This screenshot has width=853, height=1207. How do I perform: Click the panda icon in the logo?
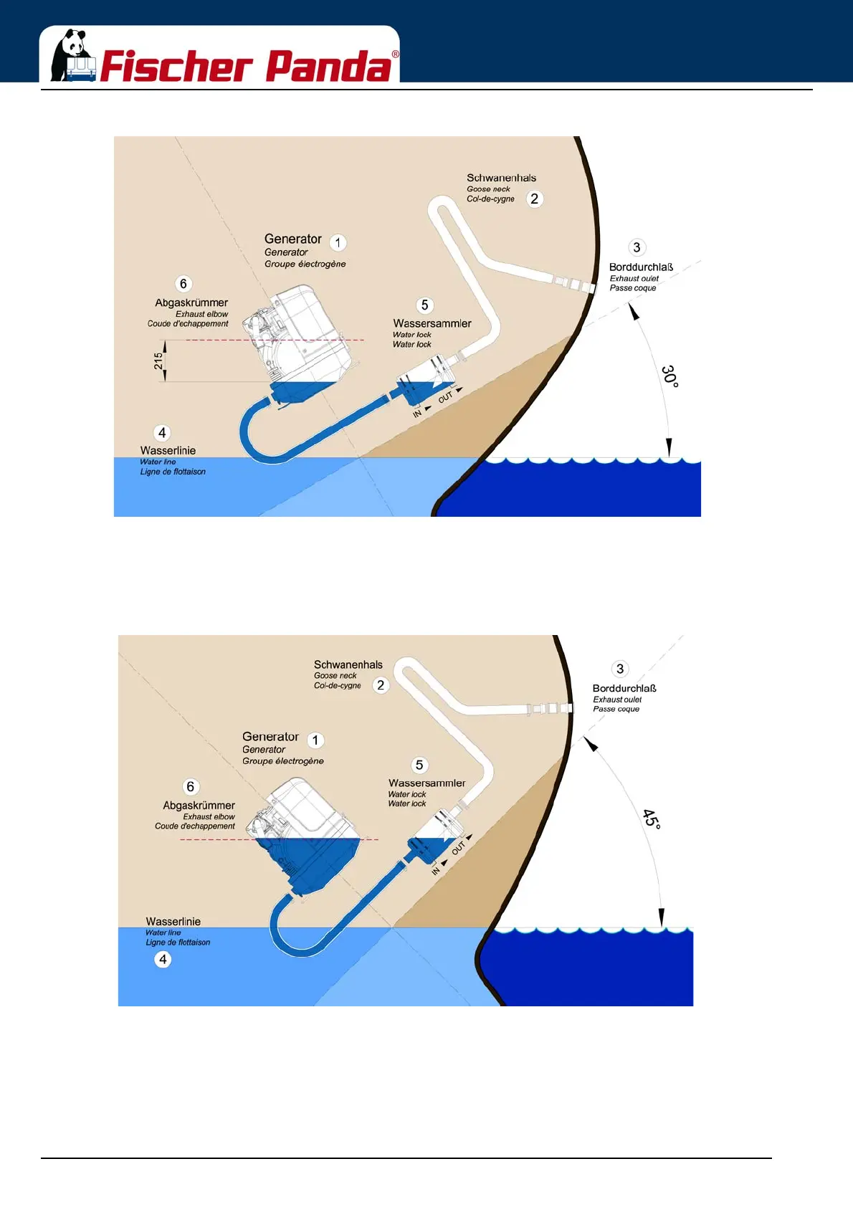(x=72, y=56)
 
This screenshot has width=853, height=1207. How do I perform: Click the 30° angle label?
(x=669, y=376)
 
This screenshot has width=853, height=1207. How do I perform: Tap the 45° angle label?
(x=652, y=819)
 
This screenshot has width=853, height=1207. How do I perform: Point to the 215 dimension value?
(x=158, y=361)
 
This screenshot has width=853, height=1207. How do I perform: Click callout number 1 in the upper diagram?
(x=338, y=242)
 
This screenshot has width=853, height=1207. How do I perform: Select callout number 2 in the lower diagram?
(x=381, y=685)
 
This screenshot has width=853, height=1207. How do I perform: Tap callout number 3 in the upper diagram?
(x=637, y=247)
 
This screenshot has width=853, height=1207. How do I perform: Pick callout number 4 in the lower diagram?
(x=163, y=959)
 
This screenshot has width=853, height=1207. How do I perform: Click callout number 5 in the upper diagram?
(x=424, y=305)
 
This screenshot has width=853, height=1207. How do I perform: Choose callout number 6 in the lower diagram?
(x=190, y=787)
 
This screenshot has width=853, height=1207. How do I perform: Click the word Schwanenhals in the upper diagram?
(x=501, y=178)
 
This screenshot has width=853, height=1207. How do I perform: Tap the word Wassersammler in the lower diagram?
(x=426, y=783)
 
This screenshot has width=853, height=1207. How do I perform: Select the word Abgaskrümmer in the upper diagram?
(x=191, y=302)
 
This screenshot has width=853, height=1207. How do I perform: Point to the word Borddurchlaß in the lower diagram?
(x=624, y=688)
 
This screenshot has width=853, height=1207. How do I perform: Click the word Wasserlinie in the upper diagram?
(x=168, y=450)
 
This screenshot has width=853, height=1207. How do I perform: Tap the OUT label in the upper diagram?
(x=446, y=397)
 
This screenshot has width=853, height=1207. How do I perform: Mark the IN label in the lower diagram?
(x=436, y=871)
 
